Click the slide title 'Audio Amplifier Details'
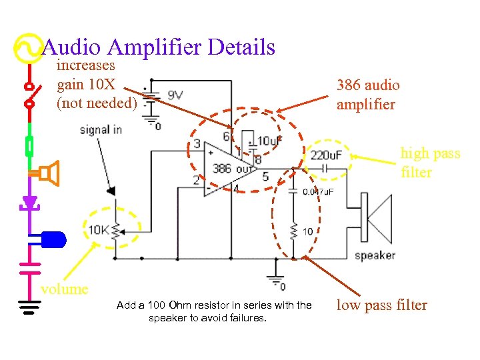pos(159,47)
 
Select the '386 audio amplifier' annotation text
pos(368,95)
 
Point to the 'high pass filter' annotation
pos(430,163)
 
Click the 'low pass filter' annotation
pos(381,305)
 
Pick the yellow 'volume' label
pos(64,289)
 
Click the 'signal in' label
pos(101,129)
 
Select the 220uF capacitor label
pos(327,155)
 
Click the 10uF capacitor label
pos(269,141)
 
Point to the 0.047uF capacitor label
pos(319,192)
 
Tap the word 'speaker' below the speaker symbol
pos(375,255)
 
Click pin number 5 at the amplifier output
pos(265,177)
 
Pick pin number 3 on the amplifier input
pos(197,144)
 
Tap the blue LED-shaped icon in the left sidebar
pos(53,238)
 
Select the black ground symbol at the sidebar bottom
pos(29,307)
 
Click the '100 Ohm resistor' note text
pos(214,311)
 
